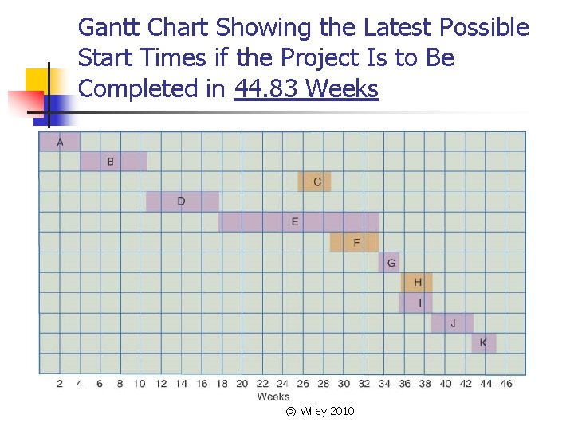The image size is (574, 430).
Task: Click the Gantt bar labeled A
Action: tap(60, 142)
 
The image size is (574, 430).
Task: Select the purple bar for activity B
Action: tap(114, 162)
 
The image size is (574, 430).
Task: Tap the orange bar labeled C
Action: tap(314, 182)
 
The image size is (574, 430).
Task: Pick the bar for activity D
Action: tap(183, 201)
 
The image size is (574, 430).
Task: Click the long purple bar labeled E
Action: tap(298, 221)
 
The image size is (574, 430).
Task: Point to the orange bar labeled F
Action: tap(354, 242)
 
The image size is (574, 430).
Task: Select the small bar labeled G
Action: tap(389, 262)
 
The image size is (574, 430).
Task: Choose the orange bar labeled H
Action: tap(417, 282)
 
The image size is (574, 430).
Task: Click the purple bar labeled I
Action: tap(415, 303)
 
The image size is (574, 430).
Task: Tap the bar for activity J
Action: tap(452, 322)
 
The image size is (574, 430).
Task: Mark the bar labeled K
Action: tap(483, 343)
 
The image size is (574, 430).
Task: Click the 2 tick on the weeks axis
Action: tap(60, 384)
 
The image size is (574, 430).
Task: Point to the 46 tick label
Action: tap(506, 384)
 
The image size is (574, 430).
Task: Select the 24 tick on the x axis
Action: tap(283, 384)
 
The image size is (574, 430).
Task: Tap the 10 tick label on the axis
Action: tap(140, 384)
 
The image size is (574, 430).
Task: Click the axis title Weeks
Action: tap(273, 396)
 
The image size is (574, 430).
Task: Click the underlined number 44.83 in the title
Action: tap(267, 89)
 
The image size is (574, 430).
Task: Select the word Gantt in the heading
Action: tap(106, 28)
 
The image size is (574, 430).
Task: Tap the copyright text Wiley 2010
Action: tap(320, 411)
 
